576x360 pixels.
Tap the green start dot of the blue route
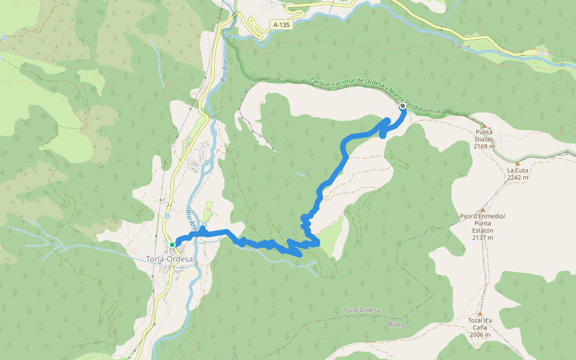[172, 245]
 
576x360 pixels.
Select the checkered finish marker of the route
[402, 106]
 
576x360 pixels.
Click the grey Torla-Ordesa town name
[170, 259]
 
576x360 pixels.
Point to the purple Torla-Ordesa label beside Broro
[362, 310]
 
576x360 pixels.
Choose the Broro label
[396, 324]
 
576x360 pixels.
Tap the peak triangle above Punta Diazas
[482, 125]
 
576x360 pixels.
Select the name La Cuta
[517, 170]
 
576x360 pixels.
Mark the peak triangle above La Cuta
[518, 163]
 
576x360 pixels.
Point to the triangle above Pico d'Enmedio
[482, 209]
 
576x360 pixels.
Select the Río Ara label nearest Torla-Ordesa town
[191, 220]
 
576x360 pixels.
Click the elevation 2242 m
[518, 178]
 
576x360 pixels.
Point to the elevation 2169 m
[484, 146]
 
